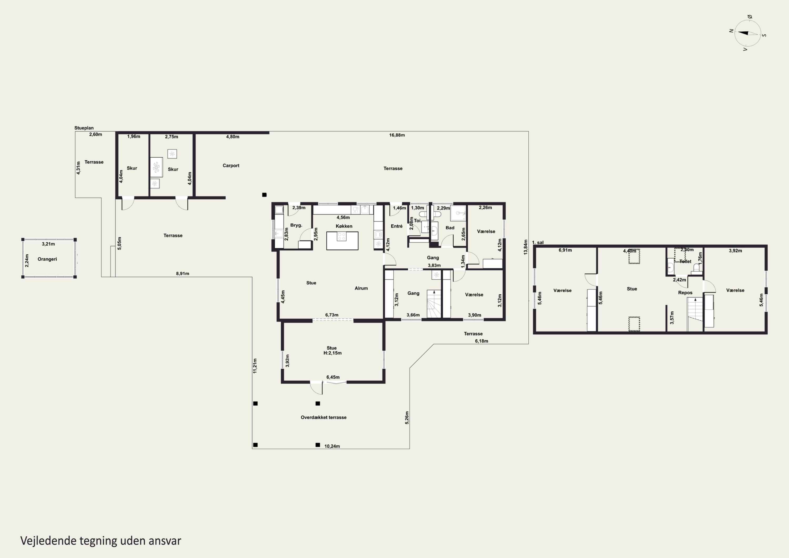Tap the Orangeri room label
coord(47,259)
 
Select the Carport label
coord(231,166)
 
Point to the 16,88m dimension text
coord(397,135)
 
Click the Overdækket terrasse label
coord(324,418)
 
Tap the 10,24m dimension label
coord(332,446)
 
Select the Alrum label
coord(361,288)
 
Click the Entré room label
coord(397,226)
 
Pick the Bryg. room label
coord(296,225)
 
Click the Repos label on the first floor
coord(685,293)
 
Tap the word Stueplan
coord(84,128)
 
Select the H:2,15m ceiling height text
coord(332,353)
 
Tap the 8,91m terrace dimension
coord(183,274)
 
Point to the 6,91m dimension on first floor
coord(565,250)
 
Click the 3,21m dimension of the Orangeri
coord(48,244)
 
